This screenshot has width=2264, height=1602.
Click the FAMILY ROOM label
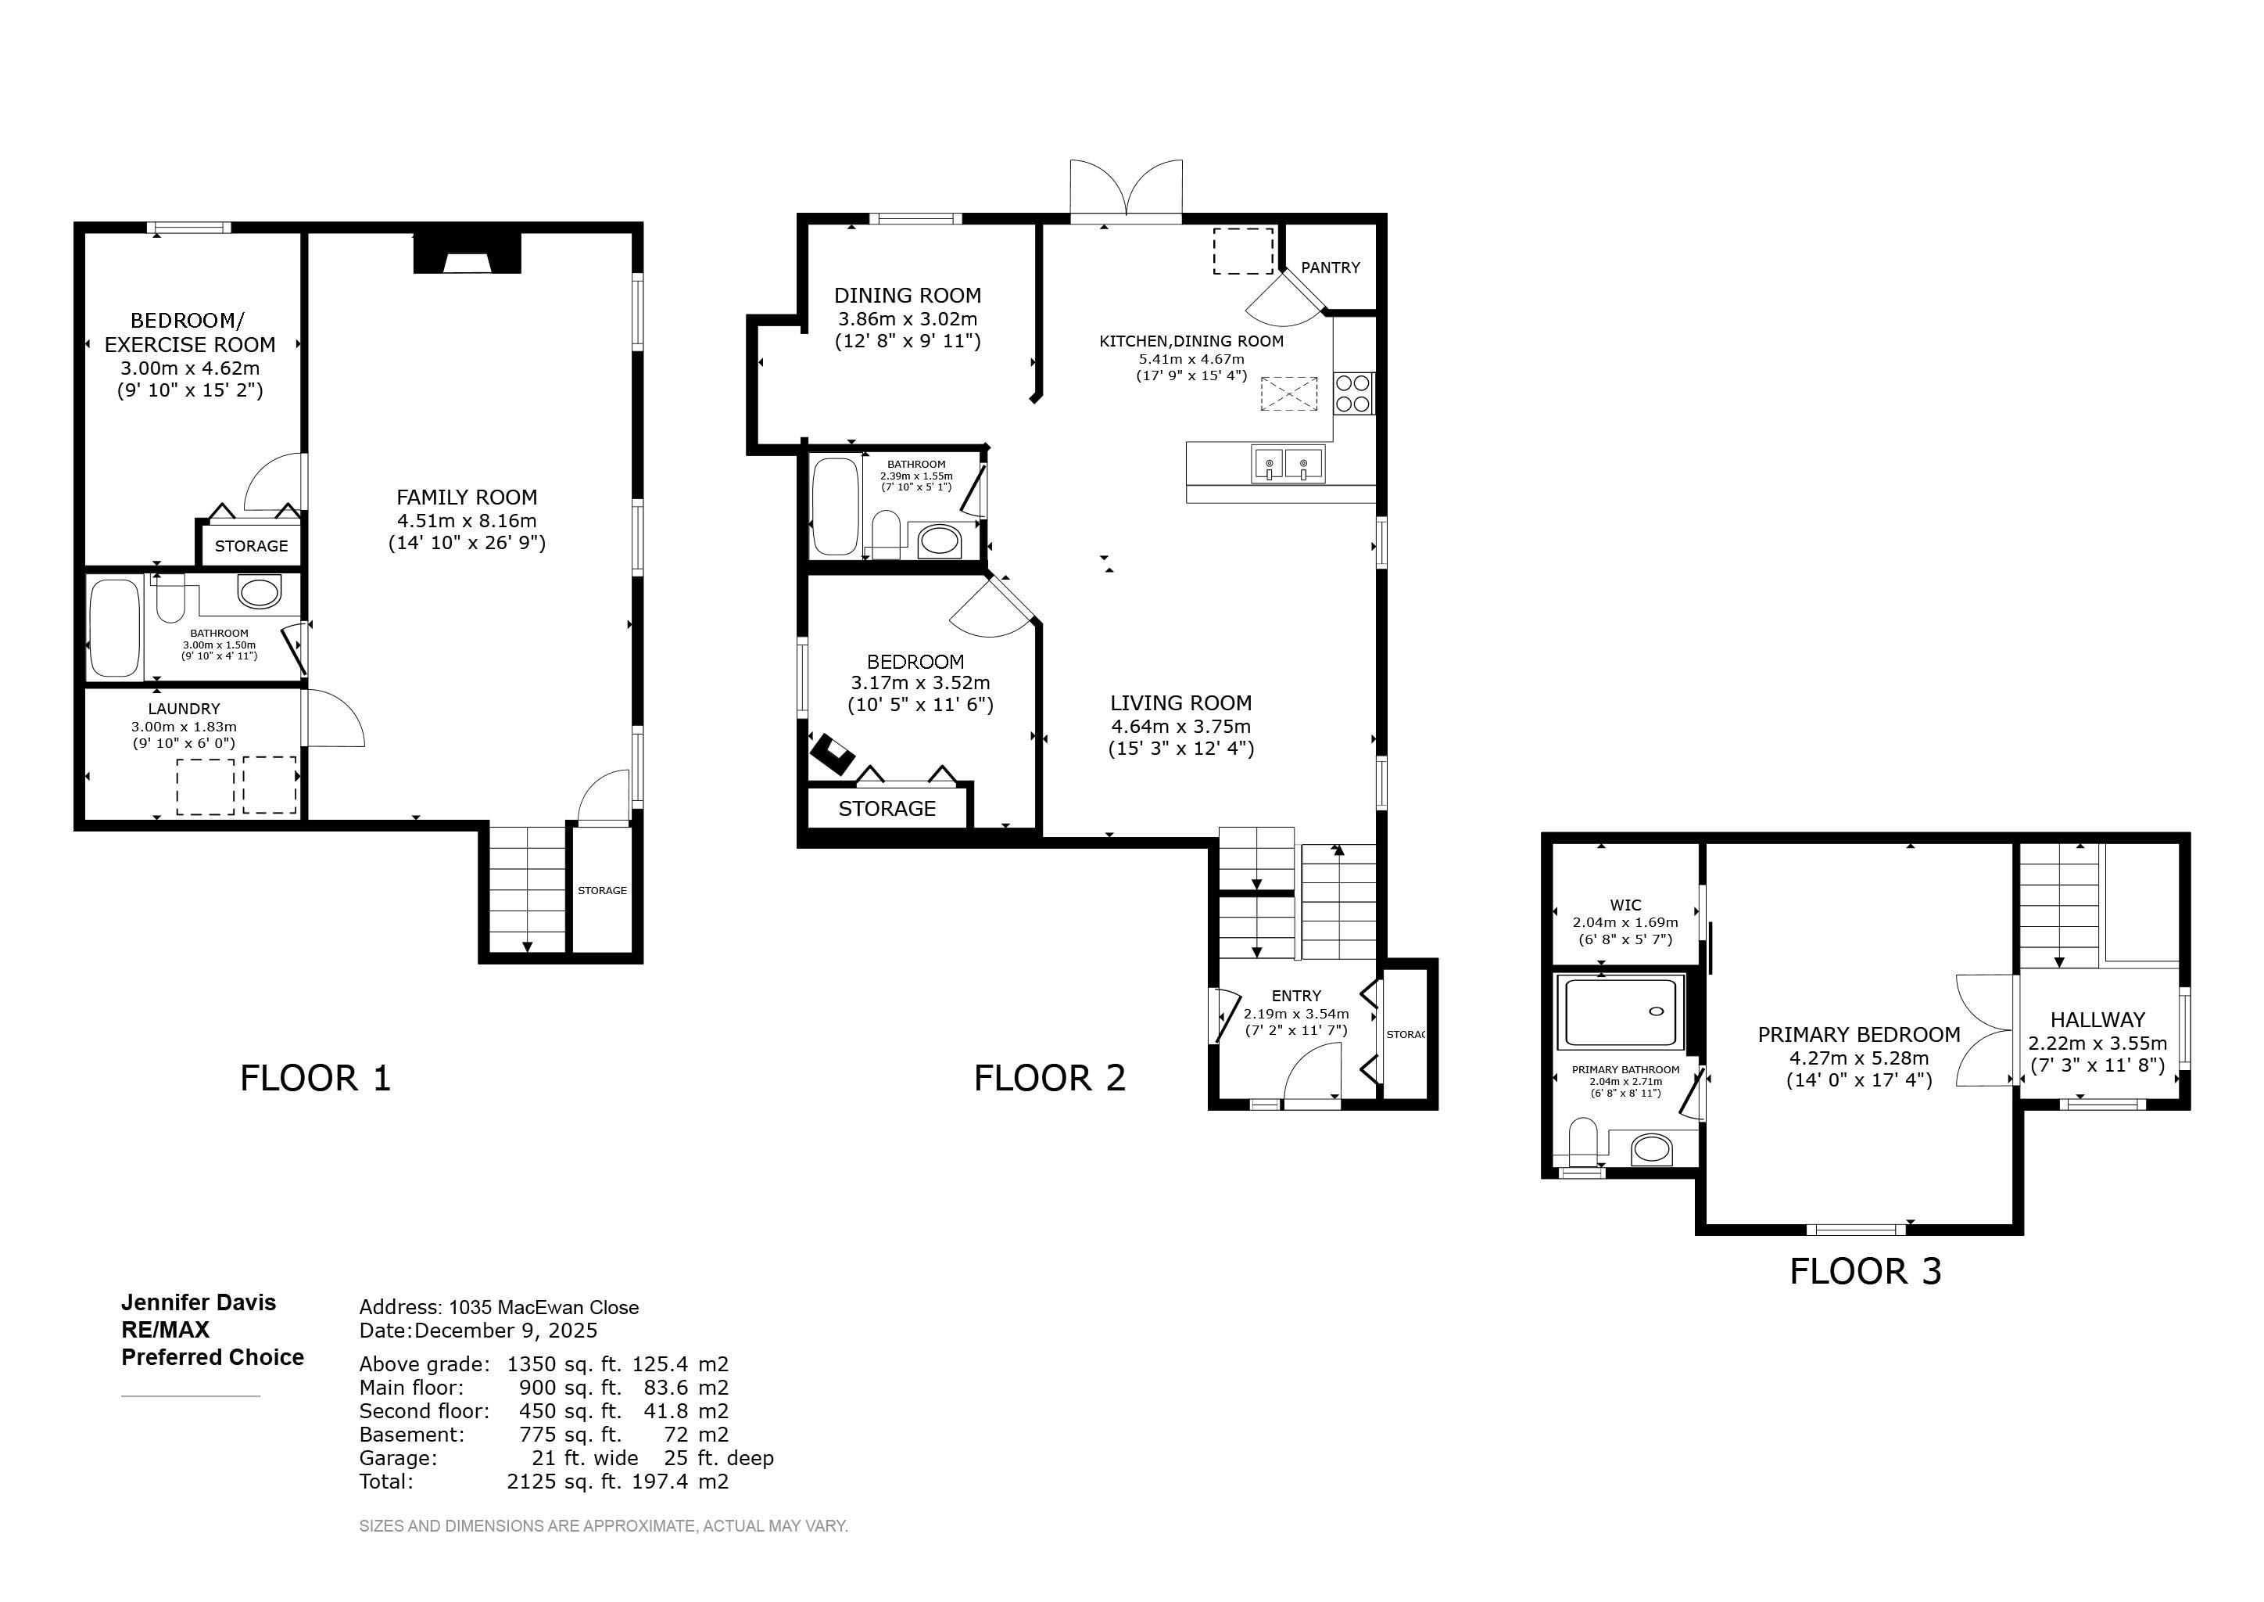(467, 497)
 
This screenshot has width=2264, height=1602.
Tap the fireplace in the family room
(467, 253)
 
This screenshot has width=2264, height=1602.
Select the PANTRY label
(1331, 268)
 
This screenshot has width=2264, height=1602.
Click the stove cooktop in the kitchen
(1354, 393)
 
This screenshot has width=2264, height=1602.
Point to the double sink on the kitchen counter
(1288, 464)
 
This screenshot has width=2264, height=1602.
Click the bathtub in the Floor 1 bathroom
(116, 628)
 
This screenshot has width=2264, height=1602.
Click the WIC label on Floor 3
(1625, 904)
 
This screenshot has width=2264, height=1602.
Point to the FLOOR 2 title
(1049, 1077)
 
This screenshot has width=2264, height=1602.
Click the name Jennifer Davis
(199, 1302)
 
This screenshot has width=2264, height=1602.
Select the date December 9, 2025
(505, 1330)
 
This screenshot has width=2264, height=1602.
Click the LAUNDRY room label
(184, 708)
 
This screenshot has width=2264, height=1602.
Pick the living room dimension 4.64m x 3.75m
(1180, 726)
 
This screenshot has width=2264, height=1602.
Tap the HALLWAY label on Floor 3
(2097, 1020)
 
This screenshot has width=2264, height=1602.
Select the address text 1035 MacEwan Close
(543, 1307)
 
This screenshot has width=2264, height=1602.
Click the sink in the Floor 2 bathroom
(939, 541)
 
